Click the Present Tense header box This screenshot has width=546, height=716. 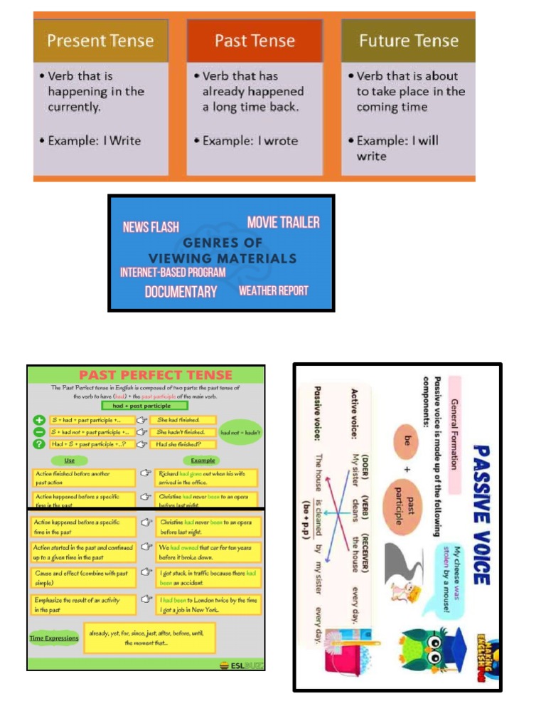100,41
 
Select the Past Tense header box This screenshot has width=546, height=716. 255,41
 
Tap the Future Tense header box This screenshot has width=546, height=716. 408,41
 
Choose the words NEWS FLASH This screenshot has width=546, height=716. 151,227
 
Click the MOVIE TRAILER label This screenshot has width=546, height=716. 283,222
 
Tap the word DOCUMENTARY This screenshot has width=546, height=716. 181,292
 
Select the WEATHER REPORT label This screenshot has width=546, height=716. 273,290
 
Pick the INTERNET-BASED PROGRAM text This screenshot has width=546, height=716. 173,272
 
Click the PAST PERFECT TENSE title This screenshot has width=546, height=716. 155,375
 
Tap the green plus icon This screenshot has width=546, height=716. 40,420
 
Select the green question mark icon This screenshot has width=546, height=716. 40,443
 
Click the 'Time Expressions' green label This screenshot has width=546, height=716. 54,638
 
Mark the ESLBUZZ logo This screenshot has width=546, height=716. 240,665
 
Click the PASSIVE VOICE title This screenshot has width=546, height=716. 481,512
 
